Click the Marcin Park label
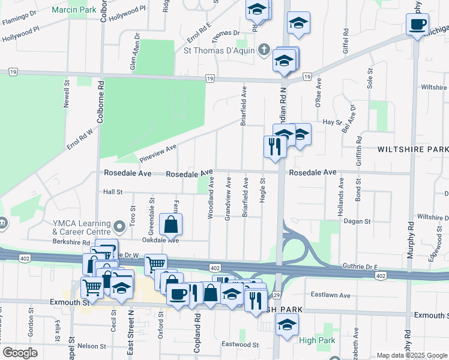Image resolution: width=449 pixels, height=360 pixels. tap(74, 10)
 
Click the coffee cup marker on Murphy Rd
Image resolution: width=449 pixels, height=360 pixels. tap(418, 25)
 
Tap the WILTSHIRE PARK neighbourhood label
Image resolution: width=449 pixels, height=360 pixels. tap(412, 149)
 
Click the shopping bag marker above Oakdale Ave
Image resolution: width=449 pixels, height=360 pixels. tap(171, 226)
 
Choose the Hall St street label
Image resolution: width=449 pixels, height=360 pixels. tap(113, 192)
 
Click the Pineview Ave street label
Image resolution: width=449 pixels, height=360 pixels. tap(158, 152)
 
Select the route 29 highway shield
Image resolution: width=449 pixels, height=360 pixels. tap(277, 296)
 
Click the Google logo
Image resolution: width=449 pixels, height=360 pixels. tap(20, 352)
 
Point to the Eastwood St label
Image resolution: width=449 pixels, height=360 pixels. tap(240, 345)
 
